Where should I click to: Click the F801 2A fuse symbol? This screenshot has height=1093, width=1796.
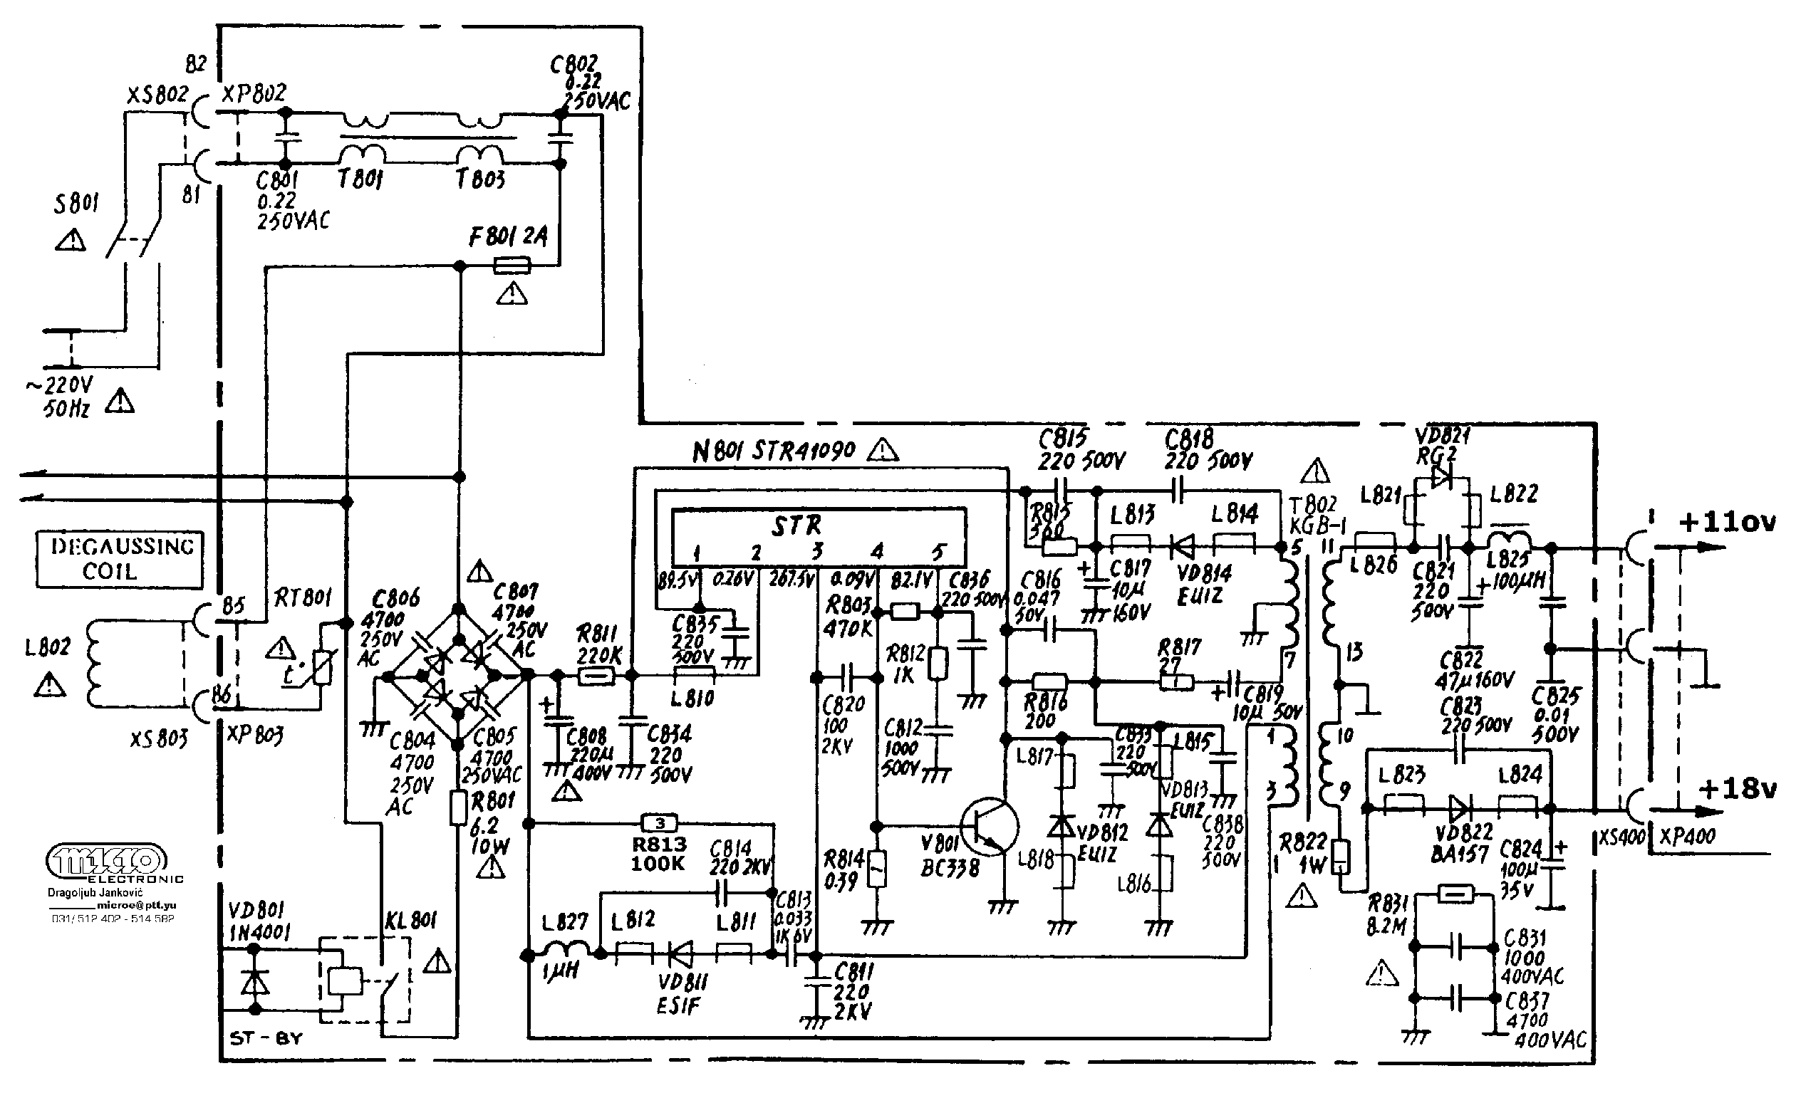512,267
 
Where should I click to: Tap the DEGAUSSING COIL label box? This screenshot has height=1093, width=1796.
120,559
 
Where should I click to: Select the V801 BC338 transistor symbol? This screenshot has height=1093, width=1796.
988,827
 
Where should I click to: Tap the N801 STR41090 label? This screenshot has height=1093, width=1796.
774,451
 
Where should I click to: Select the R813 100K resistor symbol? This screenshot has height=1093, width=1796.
660,823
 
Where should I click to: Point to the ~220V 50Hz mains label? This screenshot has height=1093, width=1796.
68,397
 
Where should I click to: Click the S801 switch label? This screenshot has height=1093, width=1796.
76,204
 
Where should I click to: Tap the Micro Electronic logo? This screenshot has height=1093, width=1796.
108,862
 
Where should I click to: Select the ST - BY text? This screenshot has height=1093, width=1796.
265,1038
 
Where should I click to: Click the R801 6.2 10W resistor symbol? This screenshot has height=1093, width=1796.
458,808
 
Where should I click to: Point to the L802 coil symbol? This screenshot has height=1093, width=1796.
93,663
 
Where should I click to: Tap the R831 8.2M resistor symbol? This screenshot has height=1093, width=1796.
1455,894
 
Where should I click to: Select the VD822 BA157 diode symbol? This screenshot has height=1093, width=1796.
1459,807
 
